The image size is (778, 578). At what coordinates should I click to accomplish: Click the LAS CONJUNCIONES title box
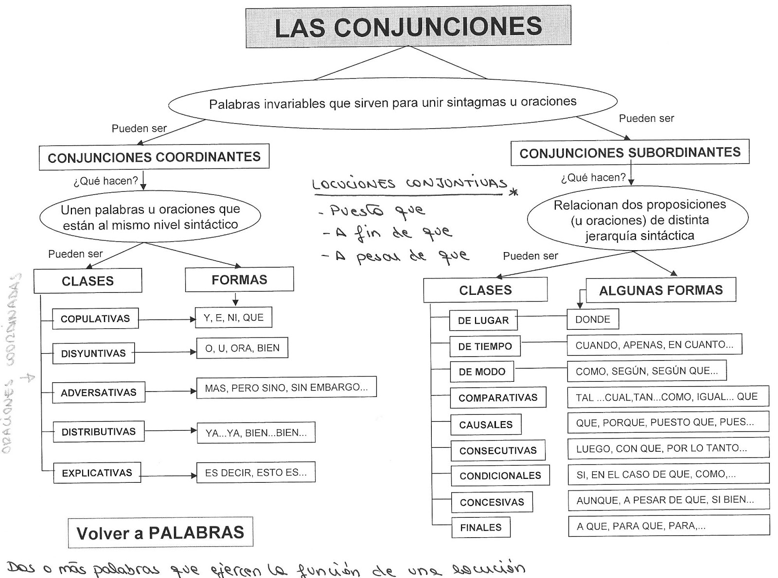click(408, 27)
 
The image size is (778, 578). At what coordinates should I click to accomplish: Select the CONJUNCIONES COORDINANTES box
click(154, 157)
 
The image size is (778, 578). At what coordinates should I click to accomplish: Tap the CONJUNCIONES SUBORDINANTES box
click(630, 153)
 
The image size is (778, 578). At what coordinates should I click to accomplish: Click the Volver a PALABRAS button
click(160, 532)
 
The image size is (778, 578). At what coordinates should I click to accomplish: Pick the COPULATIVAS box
click(95, 319)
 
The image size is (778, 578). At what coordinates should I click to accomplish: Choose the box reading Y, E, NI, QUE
click(233, 318)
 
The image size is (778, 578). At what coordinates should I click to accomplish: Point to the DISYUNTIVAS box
click(93, 353)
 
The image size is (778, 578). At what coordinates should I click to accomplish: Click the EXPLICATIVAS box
click(97, 473)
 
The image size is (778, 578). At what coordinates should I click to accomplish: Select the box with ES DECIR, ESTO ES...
click(256, 472)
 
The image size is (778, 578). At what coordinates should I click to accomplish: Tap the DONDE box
click(593, 320)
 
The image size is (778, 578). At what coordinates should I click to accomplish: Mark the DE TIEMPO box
click(485, 346)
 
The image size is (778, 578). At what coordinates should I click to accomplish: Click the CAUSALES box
click(486, 425)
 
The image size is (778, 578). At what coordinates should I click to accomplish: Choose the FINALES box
click(480, 527)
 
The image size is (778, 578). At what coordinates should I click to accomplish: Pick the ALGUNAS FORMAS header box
click(661, 290)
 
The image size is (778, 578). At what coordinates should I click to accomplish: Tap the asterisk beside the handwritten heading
click(513, 192)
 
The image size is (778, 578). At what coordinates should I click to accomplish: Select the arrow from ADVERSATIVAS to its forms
click(170, 391)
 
